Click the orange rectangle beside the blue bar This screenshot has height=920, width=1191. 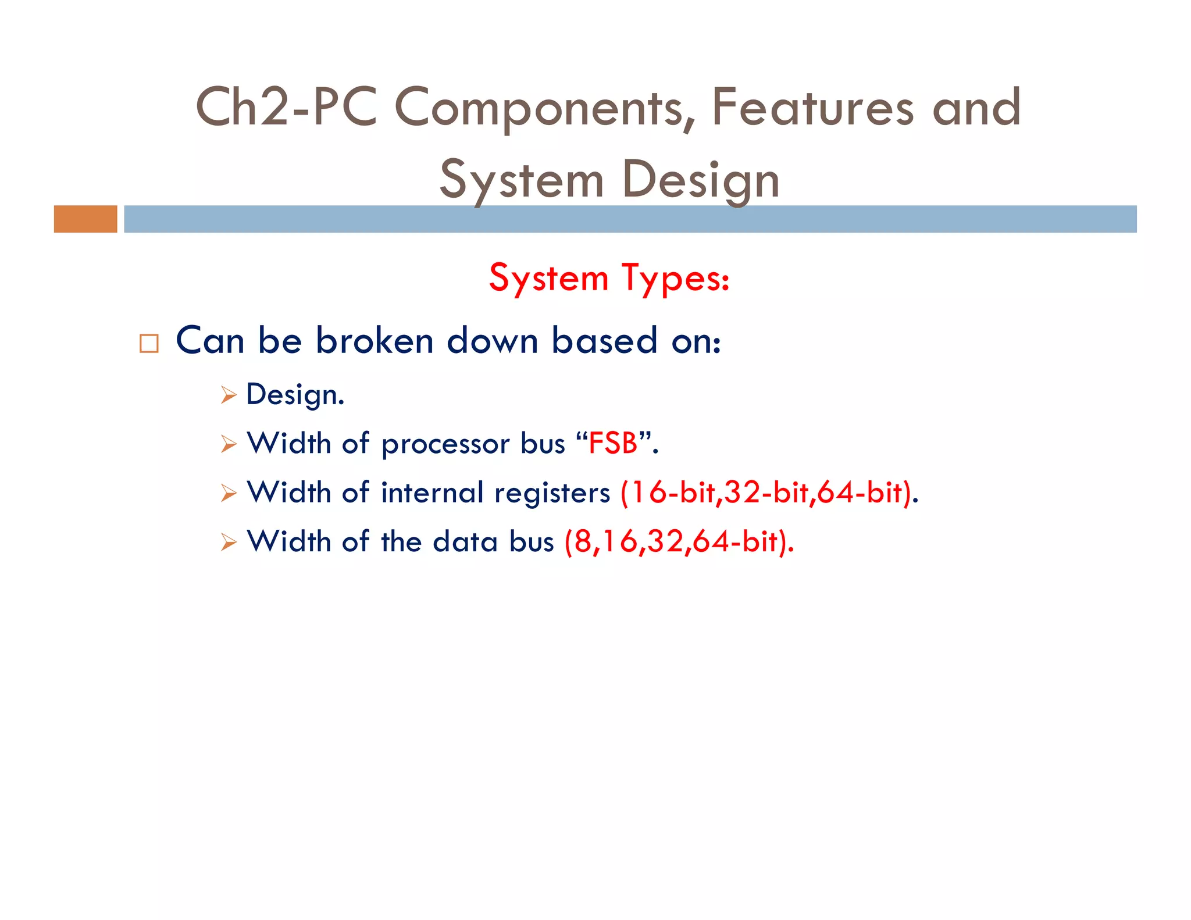(x=85, y=219)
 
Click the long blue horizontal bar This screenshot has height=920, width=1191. (x=630, y=219)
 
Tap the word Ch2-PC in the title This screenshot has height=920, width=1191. (x=286, y=107)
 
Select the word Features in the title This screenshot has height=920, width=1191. (x=812, y=107)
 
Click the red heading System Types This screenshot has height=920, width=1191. (x=609, y=278)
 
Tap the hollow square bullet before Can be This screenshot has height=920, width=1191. (x=149, y=344)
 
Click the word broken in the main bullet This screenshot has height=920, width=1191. (x=375, y=341)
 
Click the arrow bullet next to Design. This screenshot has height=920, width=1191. (x=229, y=395)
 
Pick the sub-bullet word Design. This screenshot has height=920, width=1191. (x=295, y=395)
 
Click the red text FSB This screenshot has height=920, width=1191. (x=613, y=444)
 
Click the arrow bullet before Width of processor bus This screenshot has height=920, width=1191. (x=229, y=444)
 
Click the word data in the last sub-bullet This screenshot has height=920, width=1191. (x=465, y=542)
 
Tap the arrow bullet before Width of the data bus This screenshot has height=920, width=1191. (x=229, y=543)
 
